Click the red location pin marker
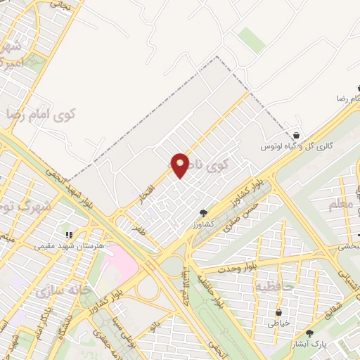pos(181,165)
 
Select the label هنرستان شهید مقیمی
pos(69,246)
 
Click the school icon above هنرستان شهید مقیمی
pos(69,235)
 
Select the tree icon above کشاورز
pos(203,212)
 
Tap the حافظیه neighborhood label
pos(270,286)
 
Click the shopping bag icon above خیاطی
pos(279,311)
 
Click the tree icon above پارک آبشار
pos(309,333)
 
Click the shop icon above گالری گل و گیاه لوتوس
pos(297,135)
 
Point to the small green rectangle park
pos(251,40)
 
